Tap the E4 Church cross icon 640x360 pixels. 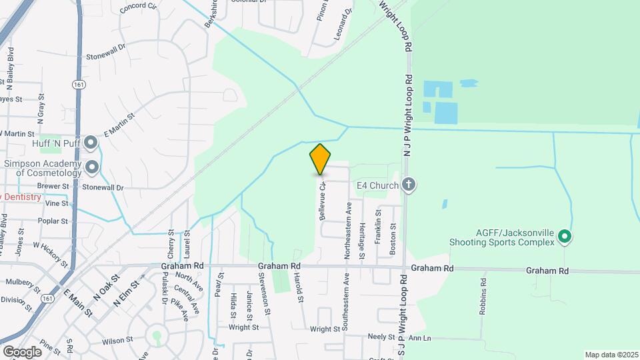tap(409, 185)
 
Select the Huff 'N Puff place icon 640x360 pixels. tap(91, 143)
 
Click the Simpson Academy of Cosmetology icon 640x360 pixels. tap(91, 167)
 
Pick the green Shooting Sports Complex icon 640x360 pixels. tap(565, 235)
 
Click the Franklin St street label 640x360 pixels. tap(378, 226)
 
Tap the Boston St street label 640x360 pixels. tap(393, 235)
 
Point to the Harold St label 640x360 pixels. tap(301, 292)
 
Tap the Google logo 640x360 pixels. tap(22, 351)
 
